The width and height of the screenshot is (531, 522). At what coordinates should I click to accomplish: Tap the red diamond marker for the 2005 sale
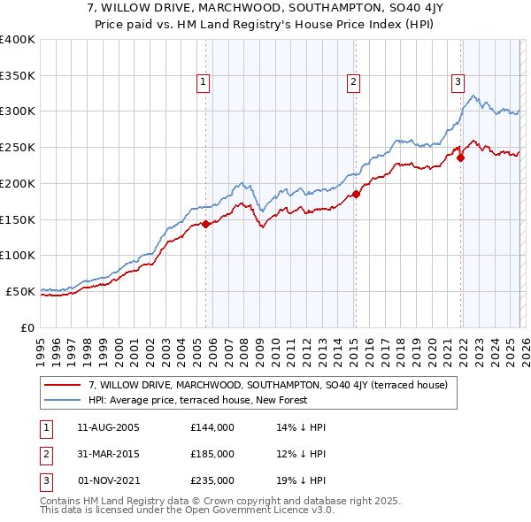[205, 224]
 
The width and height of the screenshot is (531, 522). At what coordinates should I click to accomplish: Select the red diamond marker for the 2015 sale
[356, 194]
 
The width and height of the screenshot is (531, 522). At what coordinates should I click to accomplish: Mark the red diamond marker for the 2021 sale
[460, 158]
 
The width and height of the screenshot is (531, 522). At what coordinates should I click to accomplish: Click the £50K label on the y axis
[20, 291]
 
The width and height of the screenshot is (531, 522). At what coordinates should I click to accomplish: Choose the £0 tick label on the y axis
[27, 327]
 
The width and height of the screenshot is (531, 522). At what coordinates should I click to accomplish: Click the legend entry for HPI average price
[197, 400]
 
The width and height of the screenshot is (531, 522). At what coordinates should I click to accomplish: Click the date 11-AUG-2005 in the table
[109, 427]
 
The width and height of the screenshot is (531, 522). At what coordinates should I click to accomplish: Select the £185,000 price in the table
[212, 454]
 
